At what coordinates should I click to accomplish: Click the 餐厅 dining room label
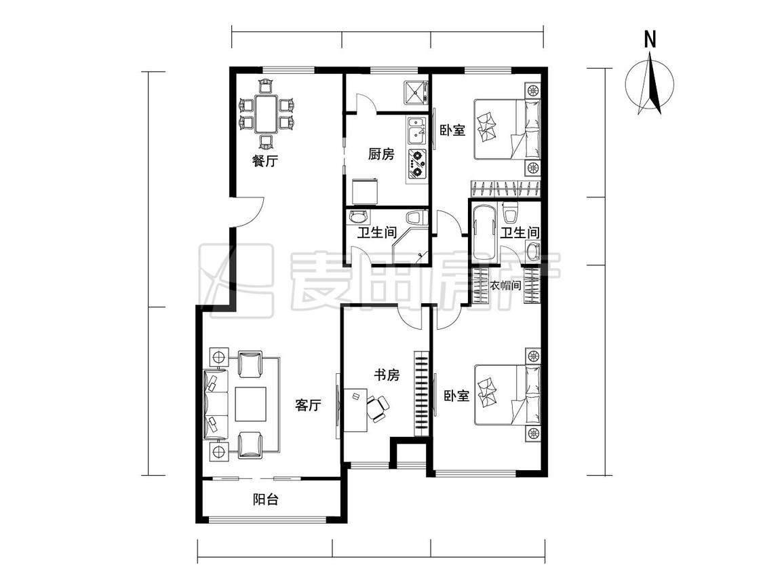click(x=265, y=161)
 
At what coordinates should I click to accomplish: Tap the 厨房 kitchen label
click(x=380, y=154)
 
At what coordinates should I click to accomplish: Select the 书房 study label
click(x=387, y=375)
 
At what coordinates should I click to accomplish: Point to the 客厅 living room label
click(x=308, y=405)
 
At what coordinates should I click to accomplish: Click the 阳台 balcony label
click(x=266, y=499)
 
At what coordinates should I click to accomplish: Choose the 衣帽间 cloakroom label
click(x=505, y=286)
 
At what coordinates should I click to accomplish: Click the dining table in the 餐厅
click(x=265, y=115)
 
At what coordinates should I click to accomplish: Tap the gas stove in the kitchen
click(x=416, y=164)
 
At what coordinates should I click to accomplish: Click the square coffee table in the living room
click(x=250, y=404)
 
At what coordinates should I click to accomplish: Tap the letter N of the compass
click(x=650, y=39)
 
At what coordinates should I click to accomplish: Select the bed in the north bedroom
click(x=507, y=129)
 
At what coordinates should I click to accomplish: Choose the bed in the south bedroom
click(x=507, y=395)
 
